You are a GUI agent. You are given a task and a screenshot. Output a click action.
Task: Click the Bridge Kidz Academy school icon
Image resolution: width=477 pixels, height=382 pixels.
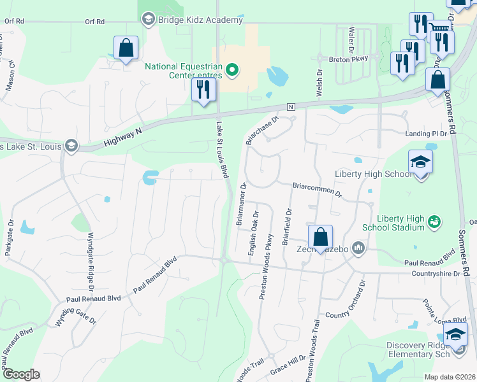tap(149, 20)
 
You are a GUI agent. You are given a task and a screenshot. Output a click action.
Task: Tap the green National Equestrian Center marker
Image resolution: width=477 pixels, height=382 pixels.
tap(233, 70)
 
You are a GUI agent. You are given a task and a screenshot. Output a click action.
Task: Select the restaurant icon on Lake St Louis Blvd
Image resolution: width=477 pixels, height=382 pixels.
tap(203, 89)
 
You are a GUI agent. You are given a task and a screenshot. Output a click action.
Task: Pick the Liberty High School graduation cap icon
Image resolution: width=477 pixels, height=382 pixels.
tap(420, 163)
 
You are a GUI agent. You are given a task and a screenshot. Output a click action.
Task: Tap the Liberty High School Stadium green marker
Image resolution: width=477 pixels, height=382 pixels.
tap(434, 222)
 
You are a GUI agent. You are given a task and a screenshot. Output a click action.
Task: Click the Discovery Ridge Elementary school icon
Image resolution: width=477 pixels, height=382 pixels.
tap(455, 334)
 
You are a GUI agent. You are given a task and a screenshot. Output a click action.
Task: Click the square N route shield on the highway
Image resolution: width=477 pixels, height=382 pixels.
tap(291, 106)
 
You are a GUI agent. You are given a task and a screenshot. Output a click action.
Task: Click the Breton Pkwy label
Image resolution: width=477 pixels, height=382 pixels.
tap(349, 59)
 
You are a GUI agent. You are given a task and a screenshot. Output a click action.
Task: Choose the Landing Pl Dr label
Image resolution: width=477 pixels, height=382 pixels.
tap(427, 134)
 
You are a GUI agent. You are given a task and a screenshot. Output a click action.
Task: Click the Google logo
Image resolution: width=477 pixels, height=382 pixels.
tap(20, 374)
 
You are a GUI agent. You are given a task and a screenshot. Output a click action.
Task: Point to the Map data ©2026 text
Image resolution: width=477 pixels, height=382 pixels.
tap(450, 376)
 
